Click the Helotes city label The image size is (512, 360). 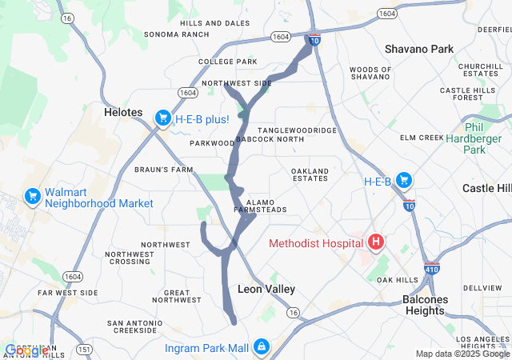pos(123,113)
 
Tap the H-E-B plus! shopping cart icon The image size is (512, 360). pos(162,119)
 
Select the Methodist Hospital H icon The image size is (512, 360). pos(374,242)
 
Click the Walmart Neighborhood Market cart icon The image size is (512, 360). pos(33,196)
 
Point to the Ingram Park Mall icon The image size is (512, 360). pos(261,347)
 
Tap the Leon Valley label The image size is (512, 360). pos(266,289)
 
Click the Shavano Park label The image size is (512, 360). pos(418,49)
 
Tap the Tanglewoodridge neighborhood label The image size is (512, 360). pos(297,130)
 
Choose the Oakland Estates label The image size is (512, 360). pos(310,175)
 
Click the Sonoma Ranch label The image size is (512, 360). pos(176,34)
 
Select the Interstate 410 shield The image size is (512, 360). pos(432,269)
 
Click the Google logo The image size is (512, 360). pos(26,350)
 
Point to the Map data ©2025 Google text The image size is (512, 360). pos(462,354)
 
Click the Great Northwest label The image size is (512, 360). pos(176,297)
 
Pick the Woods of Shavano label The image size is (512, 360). pos(370,74)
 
